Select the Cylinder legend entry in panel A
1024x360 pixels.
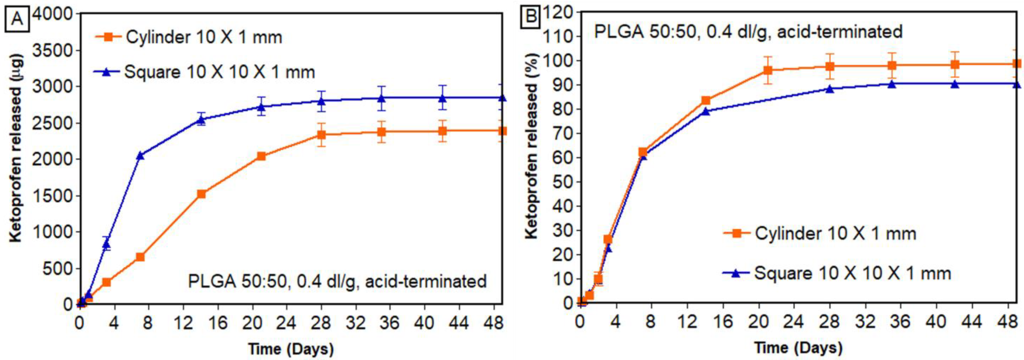[x=189, y=37]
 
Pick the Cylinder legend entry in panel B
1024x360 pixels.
[x=820, y=233]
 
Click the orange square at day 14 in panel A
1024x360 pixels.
[x=201, y=194]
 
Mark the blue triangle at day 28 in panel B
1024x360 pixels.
[x=830, y=89]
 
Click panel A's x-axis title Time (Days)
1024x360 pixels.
[x=291, y=349]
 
